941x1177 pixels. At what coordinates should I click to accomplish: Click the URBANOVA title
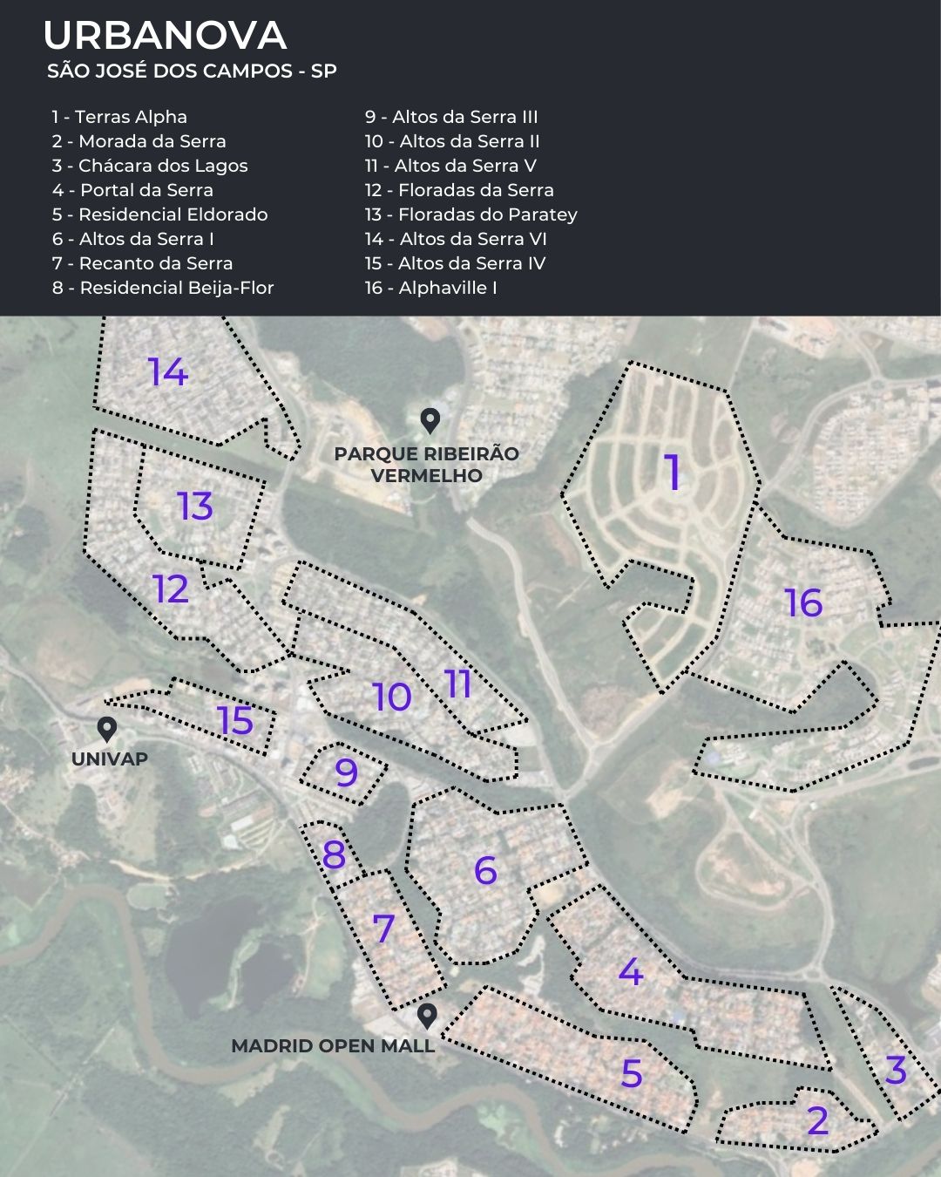(165, 36)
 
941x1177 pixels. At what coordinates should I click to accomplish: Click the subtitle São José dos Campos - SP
(192, 71)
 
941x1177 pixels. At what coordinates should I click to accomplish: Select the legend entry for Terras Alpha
(119, 117)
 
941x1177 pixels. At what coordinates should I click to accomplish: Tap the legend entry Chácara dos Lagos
(150, 166)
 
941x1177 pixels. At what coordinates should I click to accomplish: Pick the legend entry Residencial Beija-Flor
(163, 288)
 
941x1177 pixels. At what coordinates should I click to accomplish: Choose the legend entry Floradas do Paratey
(470, 214)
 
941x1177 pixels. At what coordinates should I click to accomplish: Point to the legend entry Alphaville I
(430, 288)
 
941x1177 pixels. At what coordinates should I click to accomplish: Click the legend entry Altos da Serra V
(450, 166)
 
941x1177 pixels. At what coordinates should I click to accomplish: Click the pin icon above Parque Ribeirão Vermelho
(430, 421)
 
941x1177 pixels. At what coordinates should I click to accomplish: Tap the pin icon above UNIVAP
(107, 729)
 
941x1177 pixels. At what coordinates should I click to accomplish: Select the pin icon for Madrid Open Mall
(427, 1016)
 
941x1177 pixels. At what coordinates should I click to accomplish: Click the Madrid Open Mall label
(333, 1046)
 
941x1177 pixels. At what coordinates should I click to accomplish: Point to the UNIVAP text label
(110, 759)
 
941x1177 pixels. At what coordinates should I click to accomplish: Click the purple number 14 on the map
(168, 372)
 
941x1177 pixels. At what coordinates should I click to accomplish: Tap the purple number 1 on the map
(674, 472)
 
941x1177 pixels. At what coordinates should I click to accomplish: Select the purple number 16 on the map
(803, 602)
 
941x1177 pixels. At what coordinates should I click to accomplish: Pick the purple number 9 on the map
(346, 772)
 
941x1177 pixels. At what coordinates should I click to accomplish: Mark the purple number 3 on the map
(896, 1071)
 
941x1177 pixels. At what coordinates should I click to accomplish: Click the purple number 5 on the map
(632, 1073)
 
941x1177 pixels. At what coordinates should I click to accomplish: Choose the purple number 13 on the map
(195, 507)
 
